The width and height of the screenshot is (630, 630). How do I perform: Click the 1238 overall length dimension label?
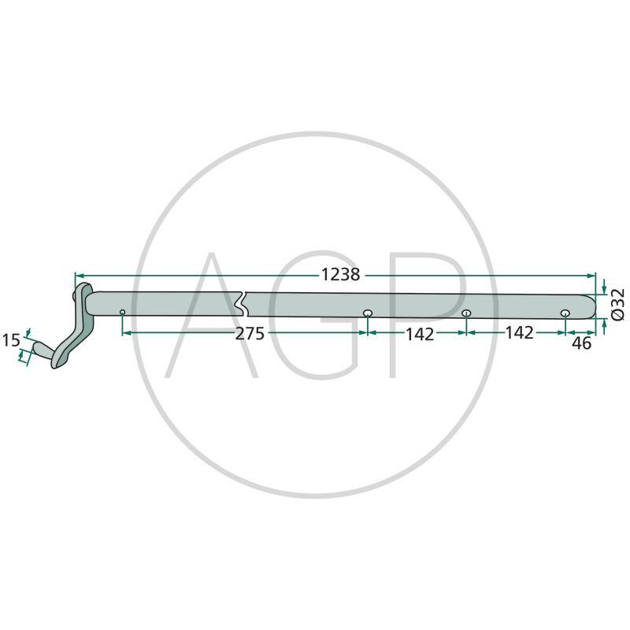click(x=340, y=275)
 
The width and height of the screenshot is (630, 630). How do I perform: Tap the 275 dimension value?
click(x=250, y=334)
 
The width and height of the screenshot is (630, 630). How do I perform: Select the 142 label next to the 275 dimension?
click(x=420, y=334)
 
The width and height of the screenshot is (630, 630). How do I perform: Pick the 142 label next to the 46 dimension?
click(x=519, y=333)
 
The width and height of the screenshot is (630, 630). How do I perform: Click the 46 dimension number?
click(x=581, y=343)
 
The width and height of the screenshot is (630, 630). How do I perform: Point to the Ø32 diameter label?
click(x=618, y=304)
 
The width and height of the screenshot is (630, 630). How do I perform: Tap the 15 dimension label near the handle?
click(x=11, y=341)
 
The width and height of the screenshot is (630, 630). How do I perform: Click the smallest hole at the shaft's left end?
click(x=123, y=312)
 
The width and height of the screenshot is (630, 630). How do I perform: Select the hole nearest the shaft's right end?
click(x=565, y=313)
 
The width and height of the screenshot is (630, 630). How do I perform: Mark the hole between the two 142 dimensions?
click(x=466, y=313)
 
